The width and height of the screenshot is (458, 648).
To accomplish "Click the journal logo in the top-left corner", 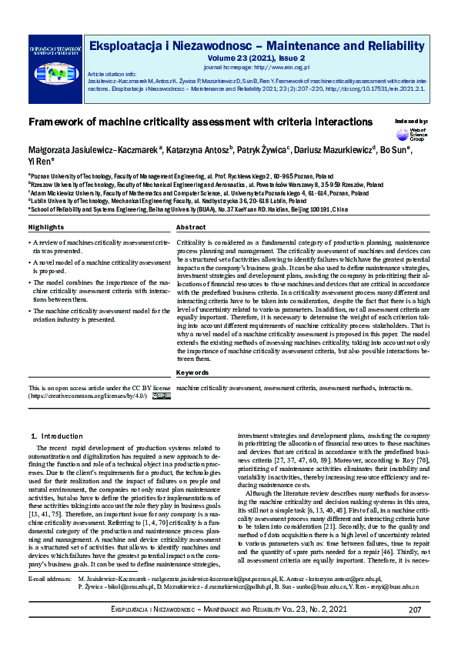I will (x=55, y=64).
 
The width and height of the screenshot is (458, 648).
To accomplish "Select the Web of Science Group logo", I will (x=416, y=135).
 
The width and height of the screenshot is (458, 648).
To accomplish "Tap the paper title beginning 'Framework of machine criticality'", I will (x=200, y=122).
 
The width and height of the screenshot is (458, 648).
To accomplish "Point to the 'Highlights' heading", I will (x=46, y=206).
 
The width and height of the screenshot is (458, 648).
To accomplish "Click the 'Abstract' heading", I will (x=192, y=206).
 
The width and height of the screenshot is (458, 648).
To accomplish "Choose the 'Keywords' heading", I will (x=192, y=372).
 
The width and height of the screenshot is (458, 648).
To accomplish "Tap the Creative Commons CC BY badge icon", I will (x=161, y=396).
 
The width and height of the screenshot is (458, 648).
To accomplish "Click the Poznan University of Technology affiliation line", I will (x=178, y=175).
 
